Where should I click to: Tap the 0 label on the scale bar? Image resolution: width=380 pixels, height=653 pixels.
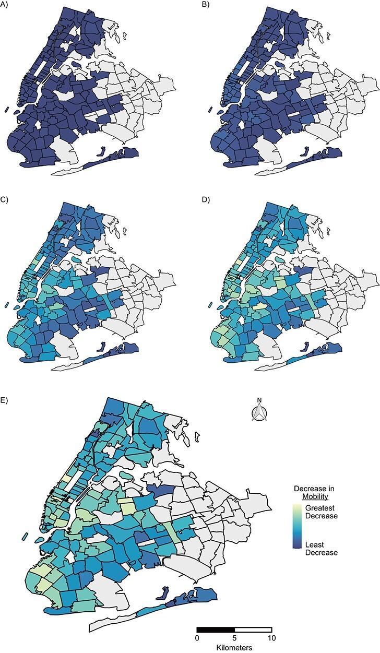(197, 638)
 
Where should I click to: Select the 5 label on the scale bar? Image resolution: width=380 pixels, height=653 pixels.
(234, 638)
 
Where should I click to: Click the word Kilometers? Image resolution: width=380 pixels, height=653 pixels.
(234, 647)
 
